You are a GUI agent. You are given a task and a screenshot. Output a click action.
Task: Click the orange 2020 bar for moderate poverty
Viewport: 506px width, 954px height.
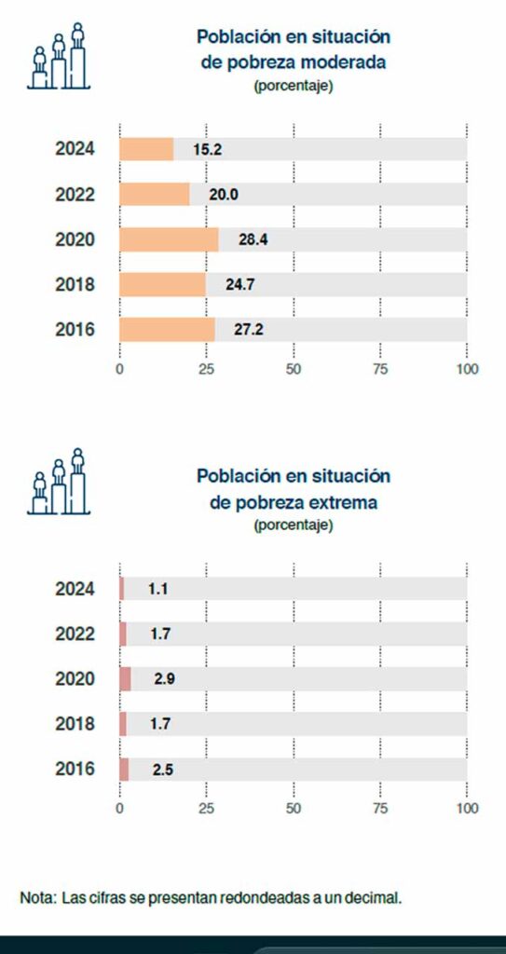click(169, 239)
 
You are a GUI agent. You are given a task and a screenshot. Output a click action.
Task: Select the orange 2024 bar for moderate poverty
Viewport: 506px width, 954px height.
click(146, 149)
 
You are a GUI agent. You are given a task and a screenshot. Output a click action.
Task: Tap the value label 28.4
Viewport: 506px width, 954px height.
click(253, 239)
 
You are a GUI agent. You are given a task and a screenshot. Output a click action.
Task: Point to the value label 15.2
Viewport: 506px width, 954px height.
click(208, 149)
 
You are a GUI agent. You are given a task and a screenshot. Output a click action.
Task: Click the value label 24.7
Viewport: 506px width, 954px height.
click(240, 284)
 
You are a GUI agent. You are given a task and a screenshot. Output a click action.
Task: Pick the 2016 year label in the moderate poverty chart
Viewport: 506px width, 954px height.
click(75, 329)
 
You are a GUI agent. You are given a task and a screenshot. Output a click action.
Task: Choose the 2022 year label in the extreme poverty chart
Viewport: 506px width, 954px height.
click(75, 634)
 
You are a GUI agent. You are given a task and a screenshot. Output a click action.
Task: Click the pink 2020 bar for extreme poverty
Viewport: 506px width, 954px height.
click(125, 679)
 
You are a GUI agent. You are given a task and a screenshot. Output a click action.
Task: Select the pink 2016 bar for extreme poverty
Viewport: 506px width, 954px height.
click(124, 769)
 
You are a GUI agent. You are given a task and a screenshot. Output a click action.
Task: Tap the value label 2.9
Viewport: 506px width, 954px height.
click(165, 679)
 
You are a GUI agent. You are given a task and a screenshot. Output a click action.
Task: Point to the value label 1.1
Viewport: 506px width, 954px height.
click(157, 589)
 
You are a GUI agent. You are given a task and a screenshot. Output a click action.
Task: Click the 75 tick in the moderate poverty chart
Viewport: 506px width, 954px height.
click(380, 369)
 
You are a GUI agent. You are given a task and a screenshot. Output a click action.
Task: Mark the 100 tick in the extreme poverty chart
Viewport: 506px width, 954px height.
click(467, 809)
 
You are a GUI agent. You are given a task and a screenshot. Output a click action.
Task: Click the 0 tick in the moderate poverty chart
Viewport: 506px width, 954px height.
click(119, 369)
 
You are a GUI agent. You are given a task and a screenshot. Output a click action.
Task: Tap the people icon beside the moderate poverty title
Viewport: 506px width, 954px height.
click(59, 56)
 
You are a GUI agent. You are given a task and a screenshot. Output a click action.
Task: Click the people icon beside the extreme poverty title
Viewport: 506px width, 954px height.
click(59, 482)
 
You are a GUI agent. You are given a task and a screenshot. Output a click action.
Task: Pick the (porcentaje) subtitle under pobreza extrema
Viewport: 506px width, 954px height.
click(293, 525)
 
